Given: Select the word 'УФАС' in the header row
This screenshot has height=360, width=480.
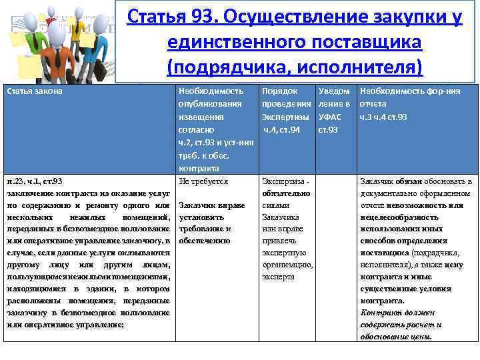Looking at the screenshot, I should pyautogui.click(x=331, y=117).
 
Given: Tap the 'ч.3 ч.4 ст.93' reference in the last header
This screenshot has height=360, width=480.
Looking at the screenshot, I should pyautogui.click(x=383, y=117).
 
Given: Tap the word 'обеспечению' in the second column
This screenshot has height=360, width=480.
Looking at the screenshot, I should pyautogui.click(x=205, y=241).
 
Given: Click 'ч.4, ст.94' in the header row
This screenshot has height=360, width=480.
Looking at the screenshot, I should pyautogui.click(x=281, y=129).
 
